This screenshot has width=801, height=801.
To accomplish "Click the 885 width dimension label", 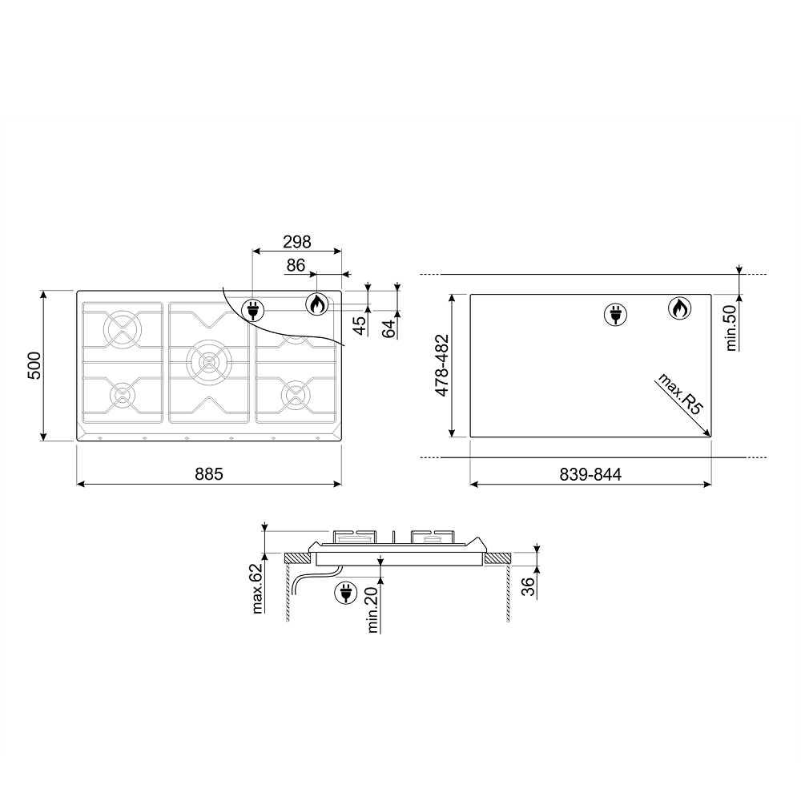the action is tap(209, 474).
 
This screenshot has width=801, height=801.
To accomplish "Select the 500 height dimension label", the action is tap(34, 365).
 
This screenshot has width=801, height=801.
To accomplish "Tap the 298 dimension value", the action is tap(297, 242).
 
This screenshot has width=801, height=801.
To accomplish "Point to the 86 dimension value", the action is tap(296, 265).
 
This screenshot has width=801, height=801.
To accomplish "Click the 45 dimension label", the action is tap(360, 326).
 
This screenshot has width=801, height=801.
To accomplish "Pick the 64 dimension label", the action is tap(388, 328).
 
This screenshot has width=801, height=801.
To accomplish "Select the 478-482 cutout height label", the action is tap(442, 365).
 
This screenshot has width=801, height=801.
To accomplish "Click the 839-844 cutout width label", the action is tap(590, 474).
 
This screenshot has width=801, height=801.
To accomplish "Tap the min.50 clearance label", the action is tap(731, 328).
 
